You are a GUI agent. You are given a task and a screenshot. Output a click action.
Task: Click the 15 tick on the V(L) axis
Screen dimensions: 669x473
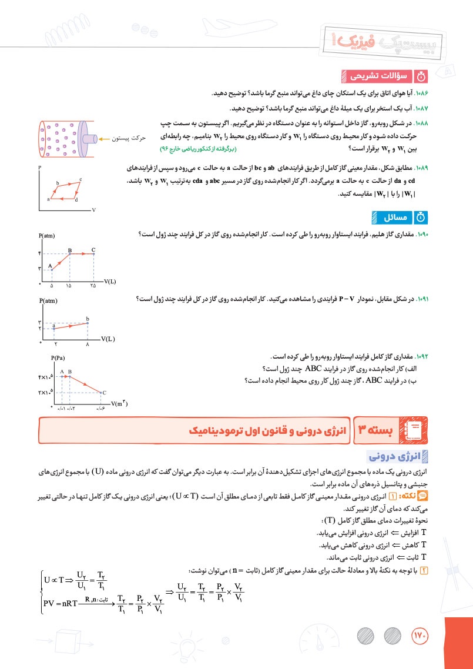69,286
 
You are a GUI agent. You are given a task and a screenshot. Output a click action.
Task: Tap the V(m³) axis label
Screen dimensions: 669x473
119,403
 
